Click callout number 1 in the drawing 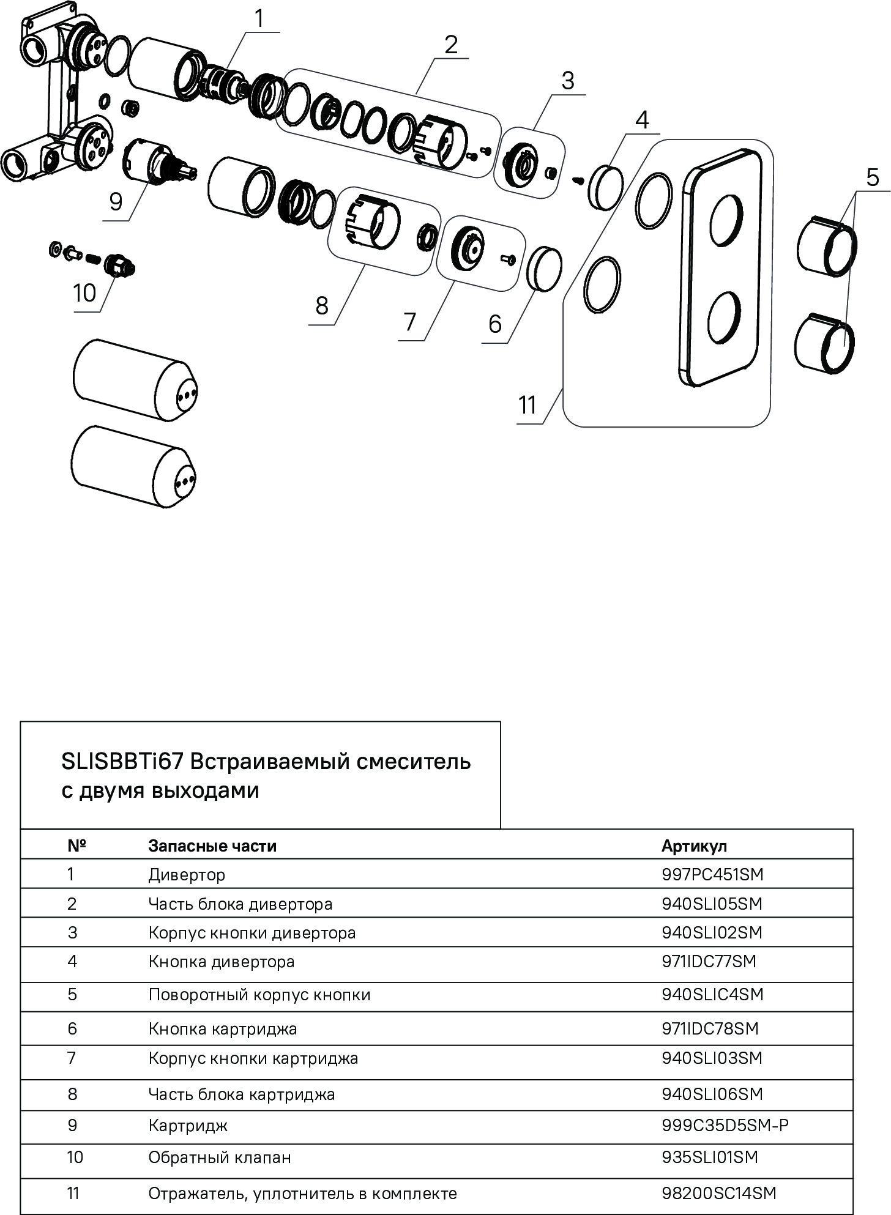pos(259,18)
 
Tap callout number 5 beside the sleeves pos(872,177)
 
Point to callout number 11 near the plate pos(527,405)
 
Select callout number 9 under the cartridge pos(116,201)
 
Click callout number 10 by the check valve pos(84,293)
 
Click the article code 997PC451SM pos(712,874)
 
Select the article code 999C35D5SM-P pos(725,1125)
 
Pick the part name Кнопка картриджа pos(223,1029)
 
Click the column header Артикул pos(694,845)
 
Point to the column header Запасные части pos(212,845)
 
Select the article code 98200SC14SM pos(718,1194)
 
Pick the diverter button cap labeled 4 pos(605,185)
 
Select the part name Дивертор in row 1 pos(187,875)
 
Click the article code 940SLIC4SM pos(712,995)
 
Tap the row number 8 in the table pos(72,1094)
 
